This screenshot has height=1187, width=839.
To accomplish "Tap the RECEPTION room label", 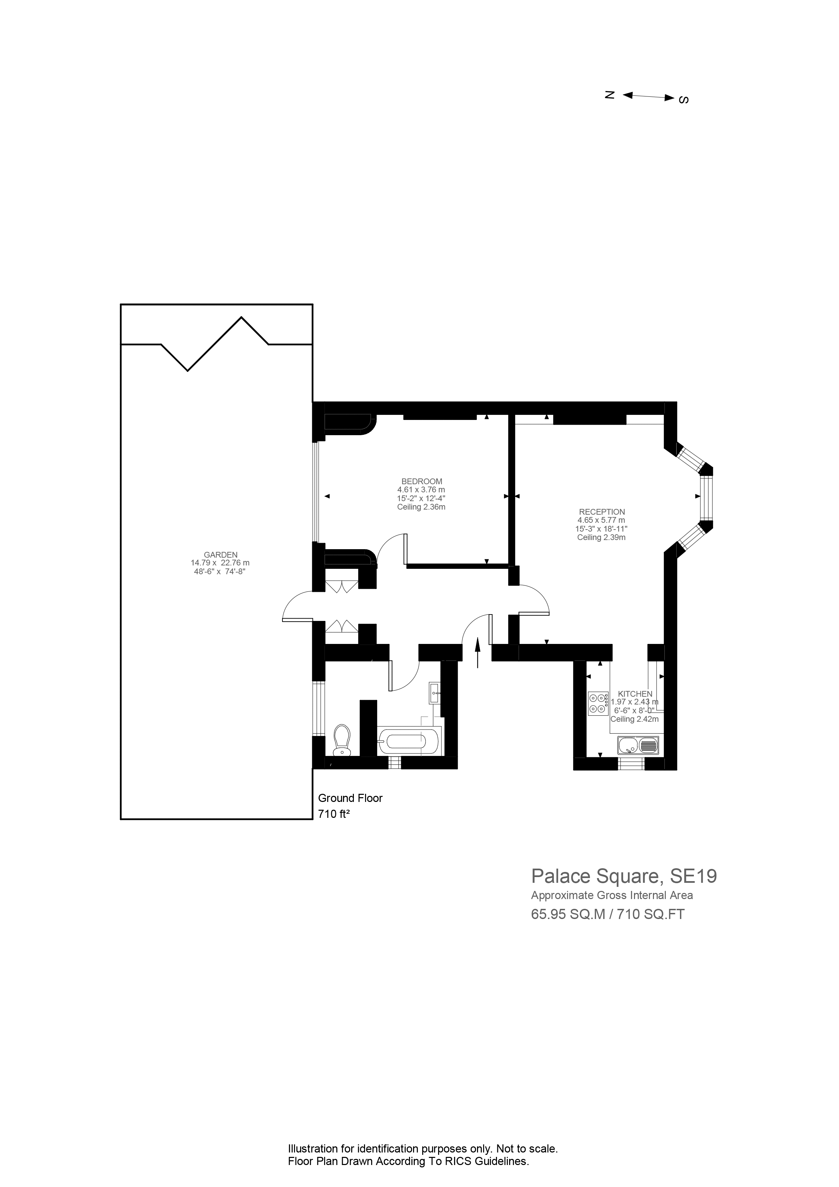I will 602,512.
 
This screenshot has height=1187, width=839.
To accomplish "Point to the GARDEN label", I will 221,555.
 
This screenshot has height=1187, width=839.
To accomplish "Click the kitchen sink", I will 638,745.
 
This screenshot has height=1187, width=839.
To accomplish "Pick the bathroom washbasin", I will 435,693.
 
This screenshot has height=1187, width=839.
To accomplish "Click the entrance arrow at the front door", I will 477,652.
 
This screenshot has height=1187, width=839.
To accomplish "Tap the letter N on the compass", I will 610,95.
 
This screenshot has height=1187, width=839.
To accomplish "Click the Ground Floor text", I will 350,798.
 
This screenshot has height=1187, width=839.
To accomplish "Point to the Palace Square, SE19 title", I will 624,876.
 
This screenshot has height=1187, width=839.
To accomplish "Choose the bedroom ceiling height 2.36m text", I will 421,507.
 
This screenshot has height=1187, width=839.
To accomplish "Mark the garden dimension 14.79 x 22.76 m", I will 220,563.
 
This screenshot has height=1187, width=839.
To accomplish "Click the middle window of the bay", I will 706,498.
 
